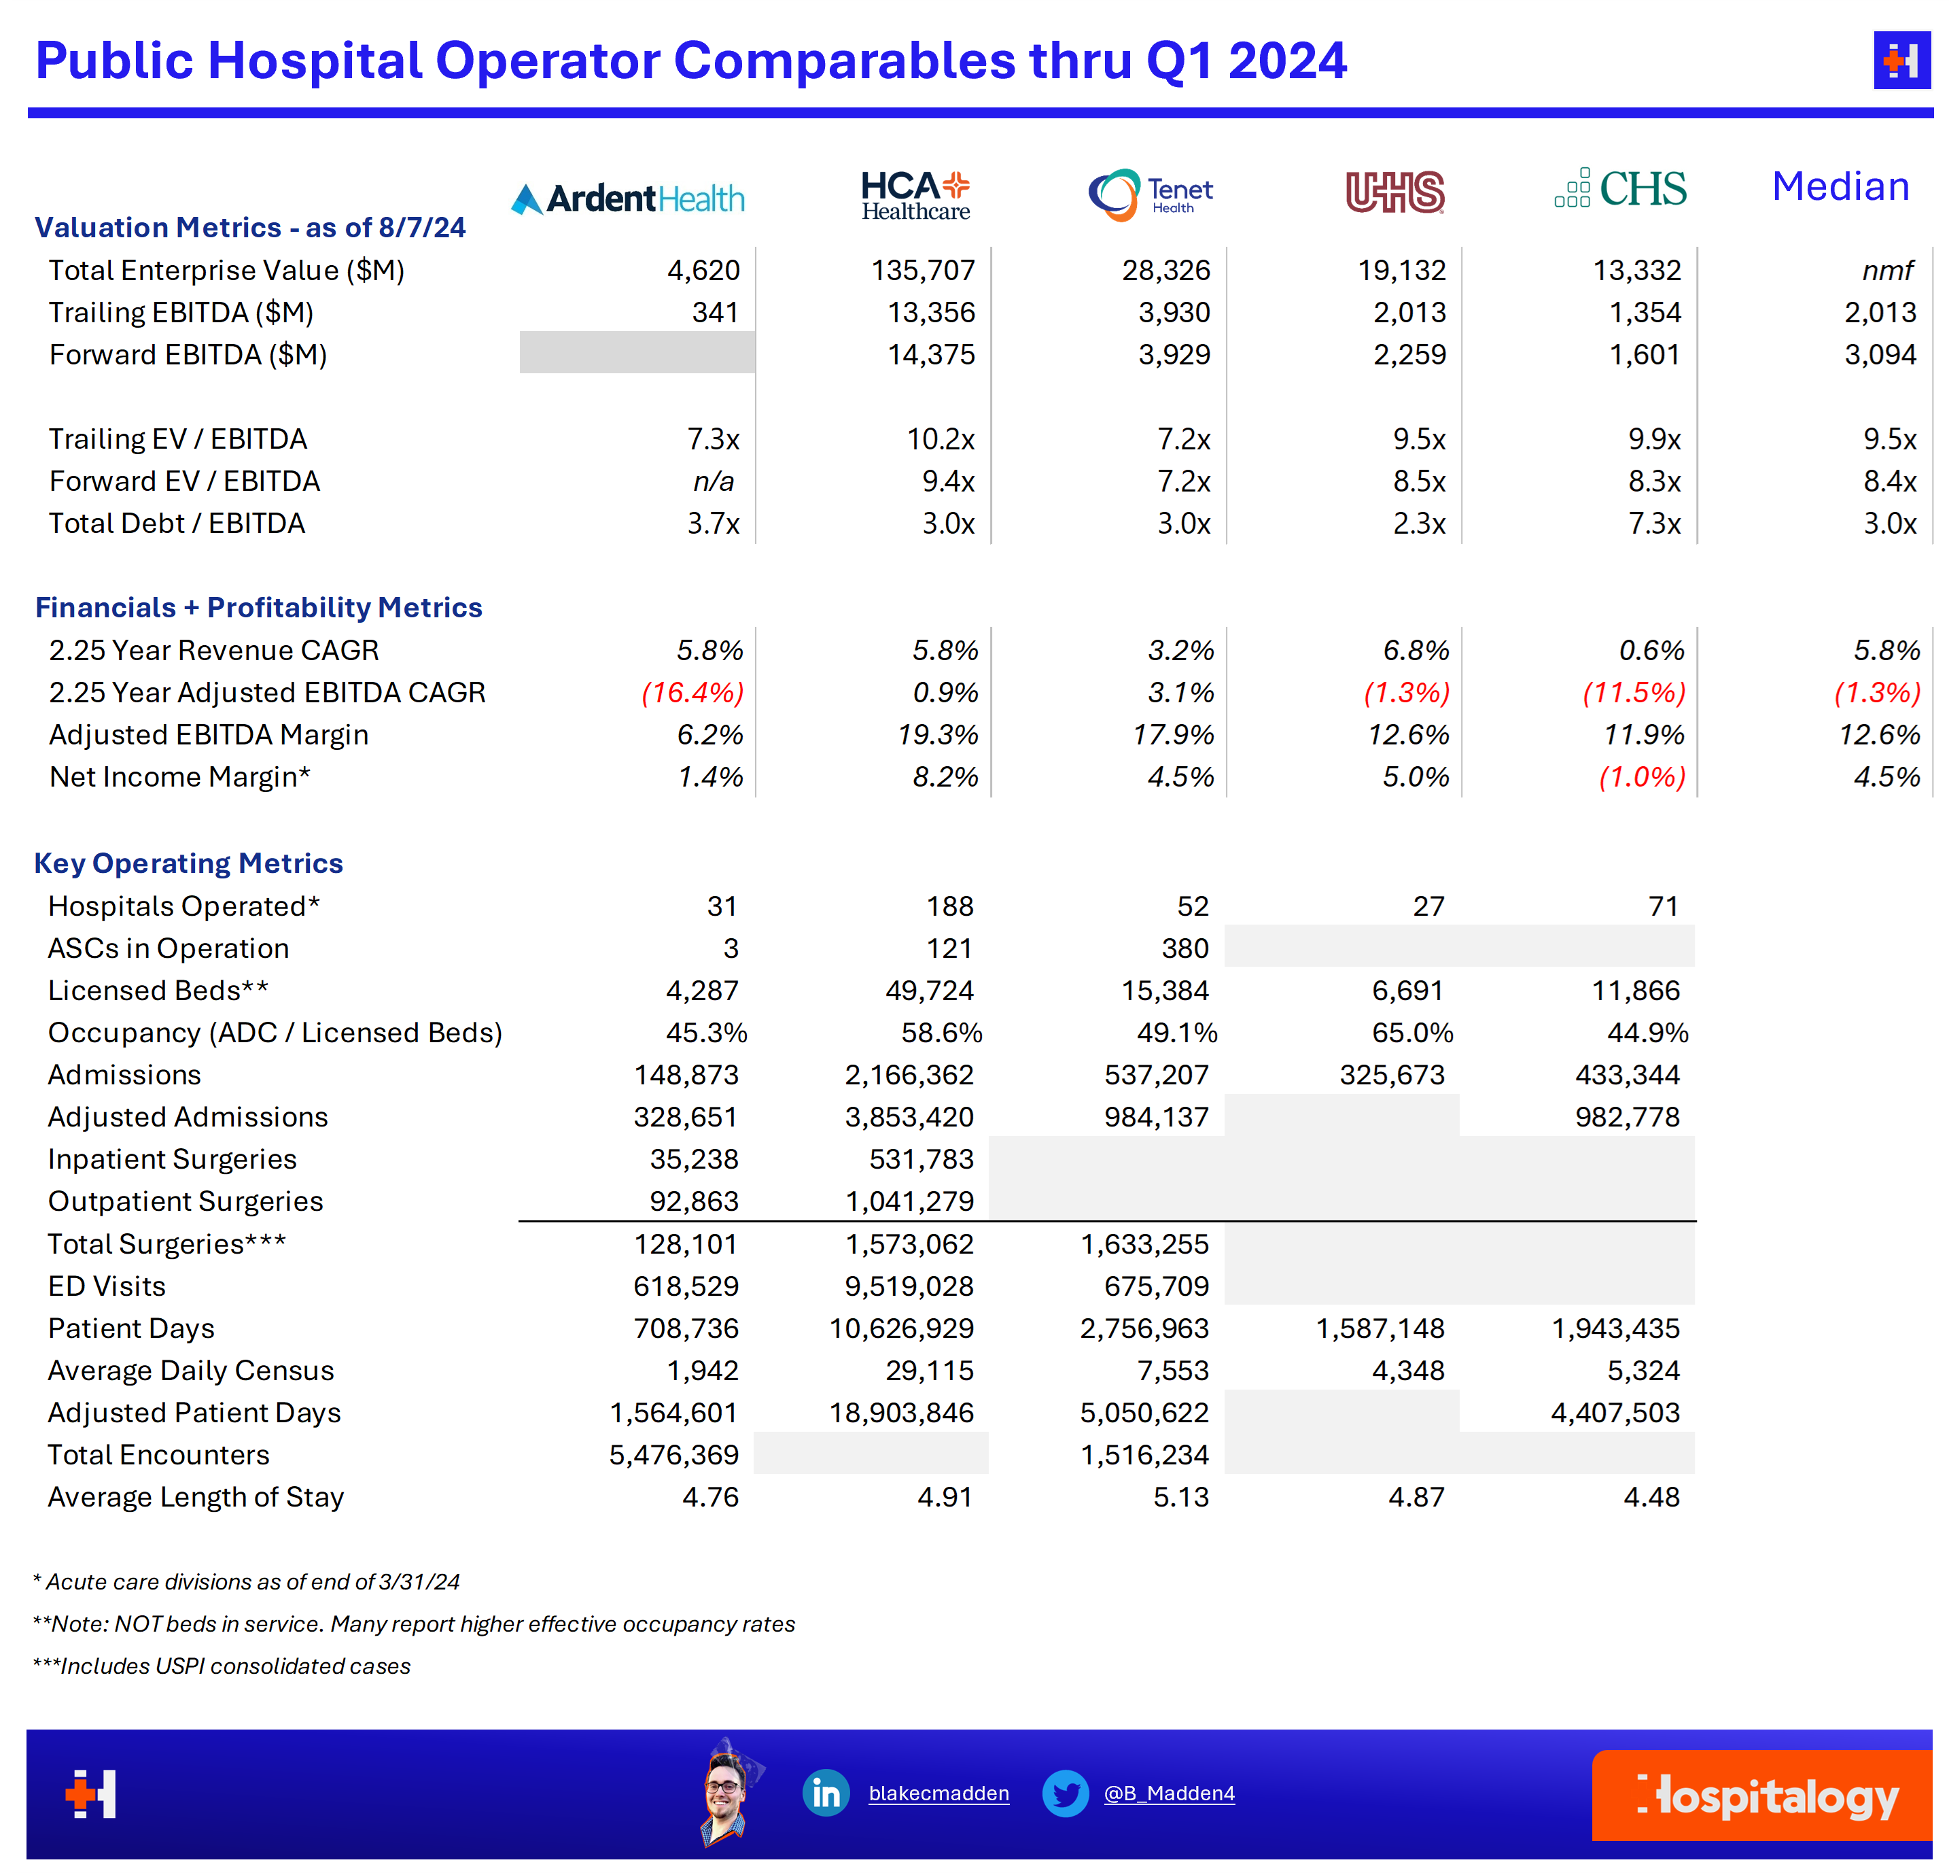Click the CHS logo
(1621, 188)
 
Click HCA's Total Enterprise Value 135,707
(923, 271)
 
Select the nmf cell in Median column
(1886, 271)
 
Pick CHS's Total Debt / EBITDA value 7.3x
(1653, 523)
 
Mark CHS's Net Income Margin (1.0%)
(1642, 777)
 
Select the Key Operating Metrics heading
(189, 863)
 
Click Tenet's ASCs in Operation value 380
(1184, 948)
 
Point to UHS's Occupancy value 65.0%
(1412, 1033)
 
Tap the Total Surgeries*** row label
(167, 1243)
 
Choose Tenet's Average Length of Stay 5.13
(1180, 1497)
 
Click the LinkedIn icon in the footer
(826, 1793)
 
